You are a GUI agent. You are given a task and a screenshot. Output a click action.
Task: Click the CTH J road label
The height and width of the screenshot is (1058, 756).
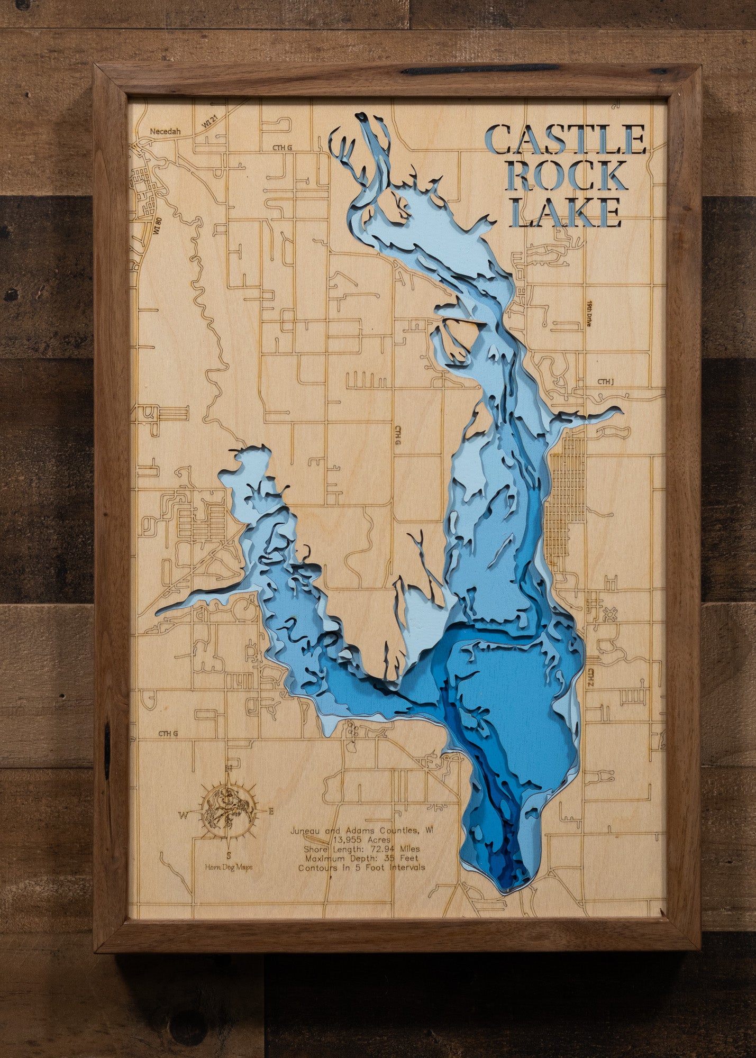605,381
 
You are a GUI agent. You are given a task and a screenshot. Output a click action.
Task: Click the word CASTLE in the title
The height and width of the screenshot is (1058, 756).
565,140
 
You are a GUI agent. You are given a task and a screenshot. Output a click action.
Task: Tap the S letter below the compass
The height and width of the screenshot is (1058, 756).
229,855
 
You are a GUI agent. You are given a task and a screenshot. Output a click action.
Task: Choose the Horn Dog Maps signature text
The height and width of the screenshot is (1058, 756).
229,867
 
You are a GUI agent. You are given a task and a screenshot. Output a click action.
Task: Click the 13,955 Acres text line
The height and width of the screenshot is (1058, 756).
361,840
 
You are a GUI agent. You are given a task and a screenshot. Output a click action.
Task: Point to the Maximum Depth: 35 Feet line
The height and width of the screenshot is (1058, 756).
361,858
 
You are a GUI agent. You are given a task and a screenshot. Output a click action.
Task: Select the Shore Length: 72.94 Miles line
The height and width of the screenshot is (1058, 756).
361,849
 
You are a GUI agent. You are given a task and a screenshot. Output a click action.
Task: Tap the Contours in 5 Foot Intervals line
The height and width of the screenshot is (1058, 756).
361,868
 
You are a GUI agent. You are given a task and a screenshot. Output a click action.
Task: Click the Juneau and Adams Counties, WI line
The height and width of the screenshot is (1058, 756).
361,831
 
